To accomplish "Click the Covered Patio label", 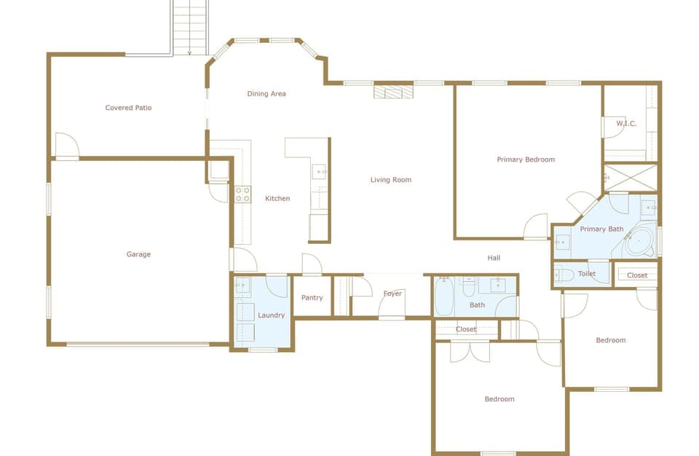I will (x=128, y=108).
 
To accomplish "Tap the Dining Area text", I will (x=266, y=93).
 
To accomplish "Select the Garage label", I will (x=138, y=254).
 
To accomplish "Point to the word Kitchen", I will (x=277, y=198).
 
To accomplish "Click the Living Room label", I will (x=391, y=180).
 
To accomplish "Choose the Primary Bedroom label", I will (x=526, y=160).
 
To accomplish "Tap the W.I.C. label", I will (x=626, y=124).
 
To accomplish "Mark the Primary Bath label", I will (x=601, y=229).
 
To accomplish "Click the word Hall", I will (x=494, y=258).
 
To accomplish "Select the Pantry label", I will (x=312, y=298).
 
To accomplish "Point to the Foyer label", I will (x=392, y=294).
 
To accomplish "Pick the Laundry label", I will (x=271, y=315).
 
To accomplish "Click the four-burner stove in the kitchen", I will (x=242, y=194).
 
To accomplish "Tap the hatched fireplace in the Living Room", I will (x=393, y=92).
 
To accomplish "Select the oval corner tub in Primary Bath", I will (x=640, y=243).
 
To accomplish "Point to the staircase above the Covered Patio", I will (x=190, y=26).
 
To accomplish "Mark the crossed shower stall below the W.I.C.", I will (x=631, y=177).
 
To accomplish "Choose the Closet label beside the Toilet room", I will (x=637, y=275).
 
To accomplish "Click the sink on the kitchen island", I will (x=320, y=172).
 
